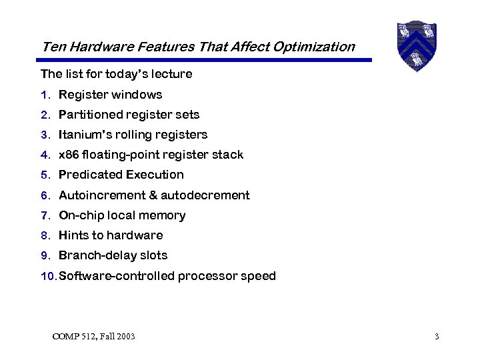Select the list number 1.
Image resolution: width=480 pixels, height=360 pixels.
(44, 95)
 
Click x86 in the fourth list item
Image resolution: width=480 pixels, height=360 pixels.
(69, 155)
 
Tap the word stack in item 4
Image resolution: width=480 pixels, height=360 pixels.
(229, 155)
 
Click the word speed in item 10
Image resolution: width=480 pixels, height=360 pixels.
(259, 276)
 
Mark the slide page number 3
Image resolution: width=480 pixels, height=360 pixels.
(437, 337)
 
